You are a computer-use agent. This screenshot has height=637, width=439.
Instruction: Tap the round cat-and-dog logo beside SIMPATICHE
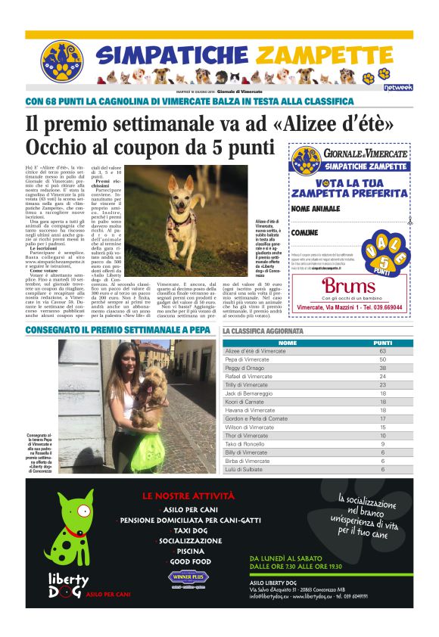coord(61,61)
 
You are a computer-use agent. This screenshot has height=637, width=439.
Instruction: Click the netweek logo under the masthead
coord(397,87)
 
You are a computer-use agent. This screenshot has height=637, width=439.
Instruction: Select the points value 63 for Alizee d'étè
coord(382,351)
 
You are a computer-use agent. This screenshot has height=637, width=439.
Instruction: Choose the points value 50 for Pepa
coord(382,359)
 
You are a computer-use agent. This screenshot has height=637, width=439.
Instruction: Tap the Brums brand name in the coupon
coord(348,286)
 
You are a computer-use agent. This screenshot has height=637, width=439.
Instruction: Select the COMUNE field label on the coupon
coord(305,232)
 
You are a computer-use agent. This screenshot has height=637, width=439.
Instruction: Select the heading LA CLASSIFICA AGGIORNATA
coord(263,331)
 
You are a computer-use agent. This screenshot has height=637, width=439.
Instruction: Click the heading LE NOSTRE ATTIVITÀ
coord(188,496)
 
